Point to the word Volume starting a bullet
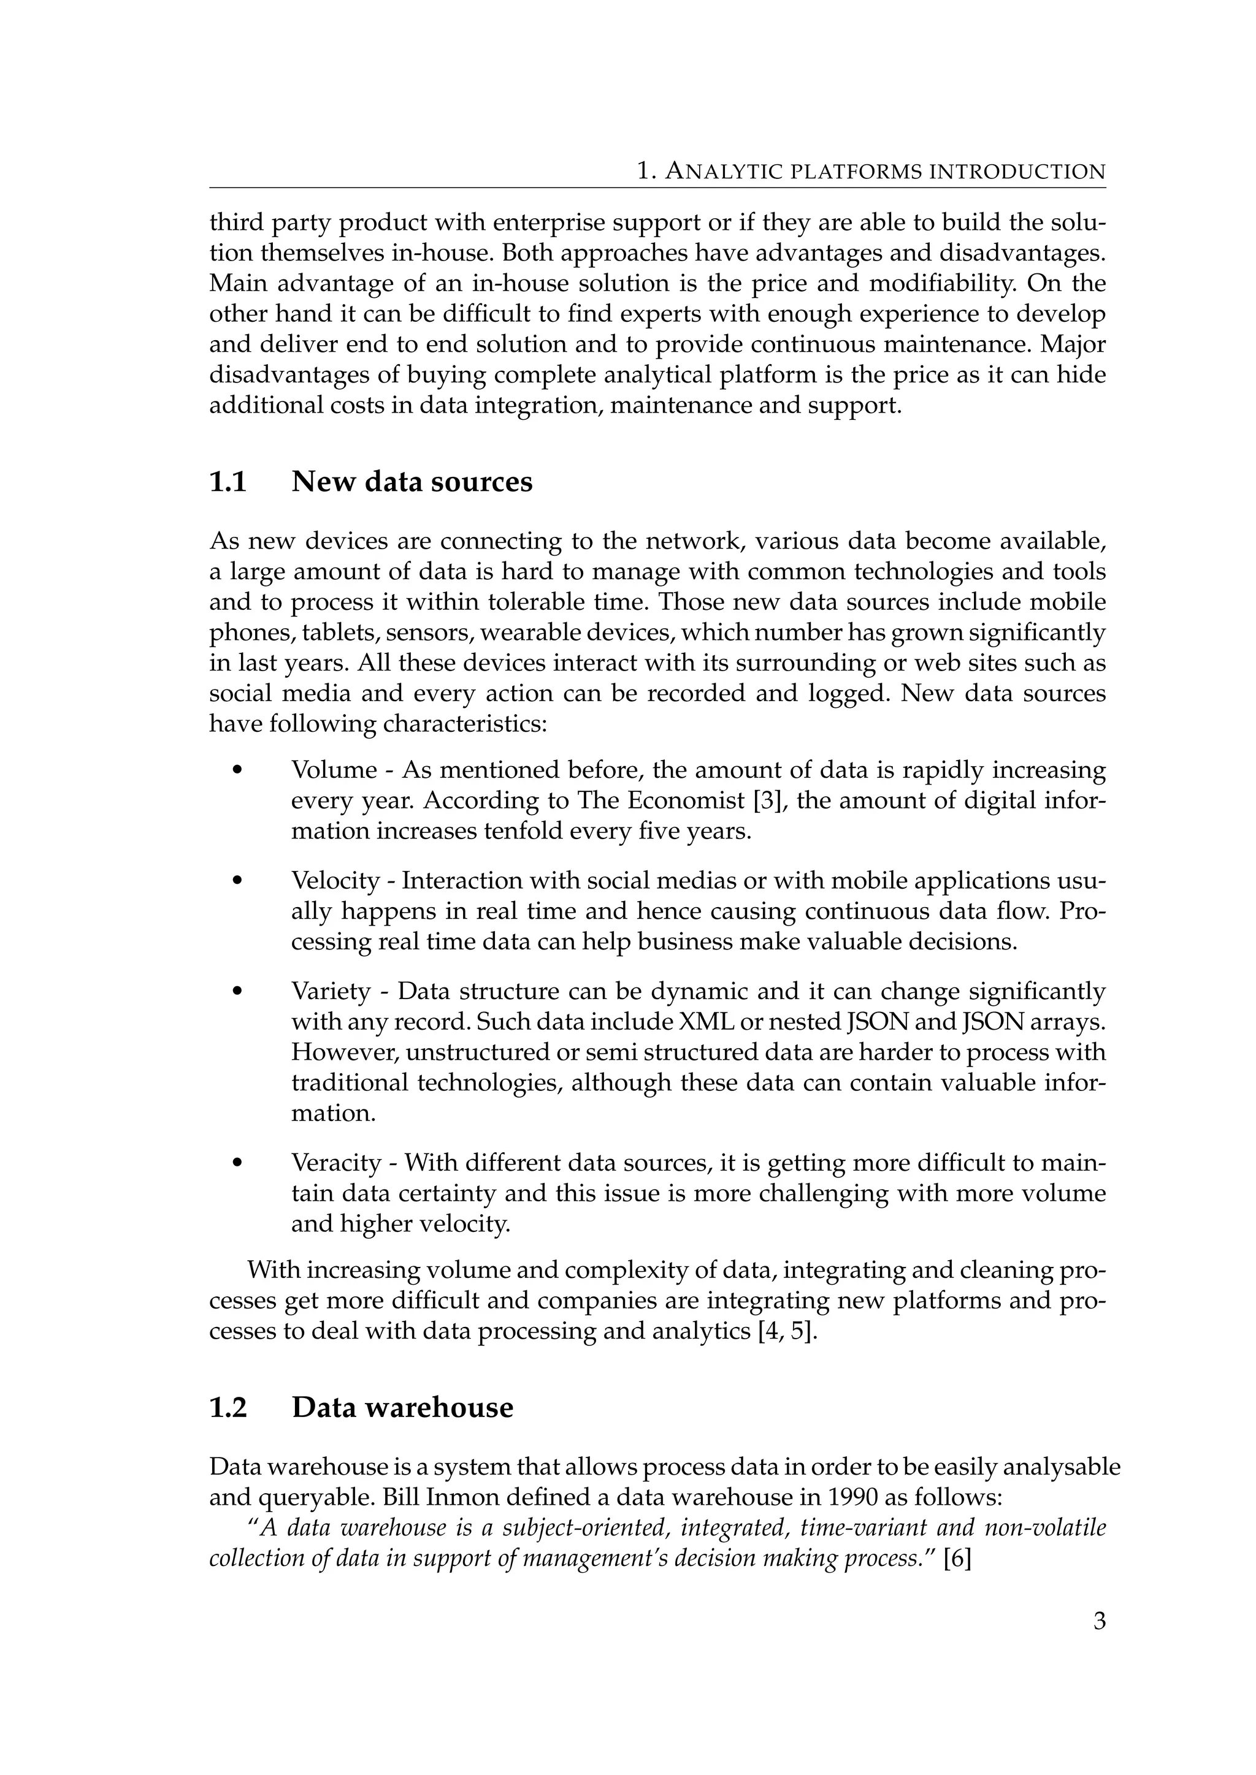pos(334,770)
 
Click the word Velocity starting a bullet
pos(335,881)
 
